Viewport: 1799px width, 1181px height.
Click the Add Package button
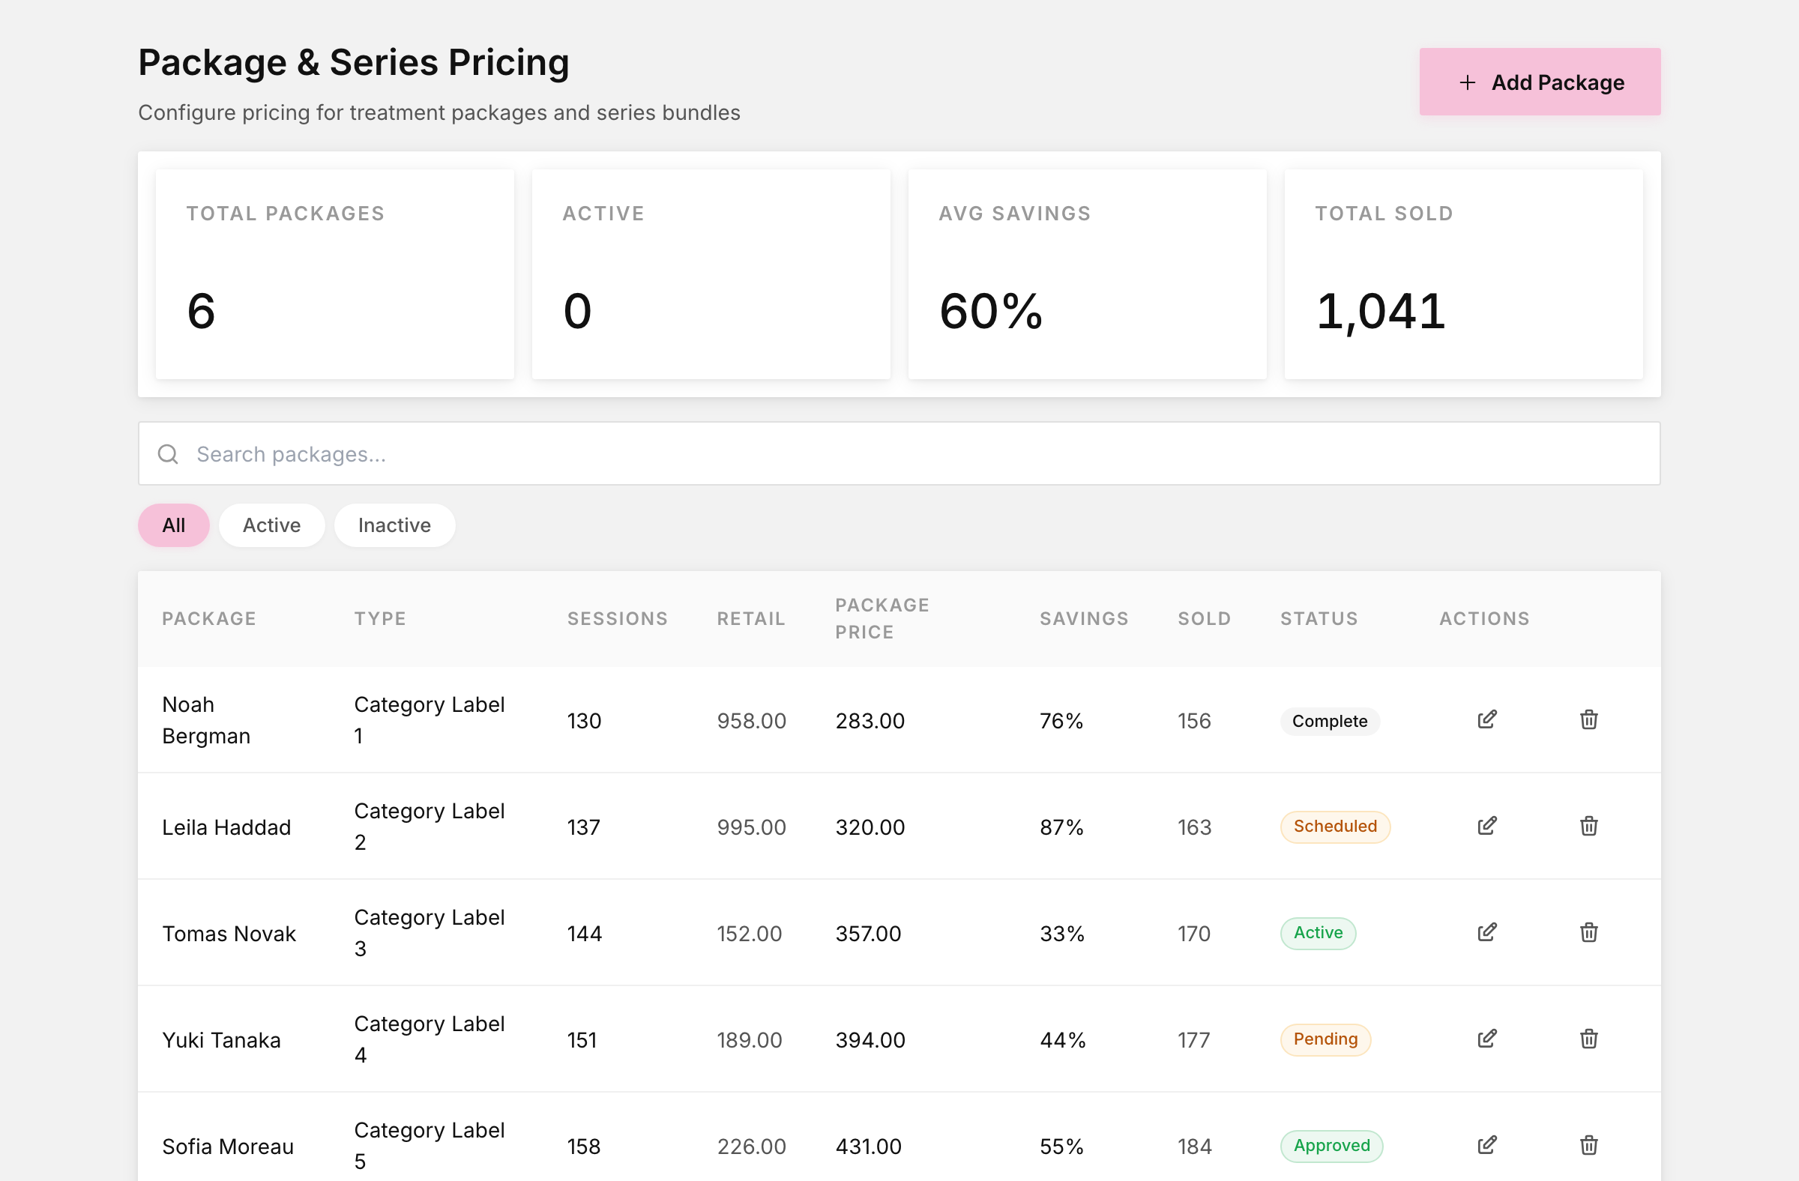[1539, 82]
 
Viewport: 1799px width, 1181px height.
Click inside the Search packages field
[899, 453]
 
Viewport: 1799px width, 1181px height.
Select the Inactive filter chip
[394, 525]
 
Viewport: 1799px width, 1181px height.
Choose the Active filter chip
[271, 525]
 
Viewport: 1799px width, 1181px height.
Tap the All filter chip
[173, 525]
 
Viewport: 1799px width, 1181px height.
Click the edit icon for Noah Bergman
[1487, 719]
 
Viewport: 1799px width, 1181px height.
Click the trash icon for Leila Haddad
[1589, 826]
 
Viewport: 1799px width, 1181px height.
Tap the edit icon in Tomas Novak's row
[1487, 932]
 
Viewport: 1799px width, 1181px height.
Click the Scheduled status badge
[1335, 827]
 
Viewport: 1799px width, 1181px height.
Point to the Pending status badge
[1325, 1039]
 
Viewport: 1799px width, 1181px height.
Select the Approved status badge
[1331, 1147]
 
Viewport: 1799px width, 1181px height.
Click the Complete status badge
[1330, 721]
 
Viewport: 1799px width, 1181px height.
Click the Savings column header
[1084, 619]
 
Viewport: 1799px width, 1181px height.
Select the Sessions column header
[618, 619]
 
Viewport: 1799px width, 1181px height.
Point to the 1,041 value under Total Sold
[1380, 311]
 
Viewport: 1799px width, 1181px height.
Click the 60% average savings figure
[991, 311]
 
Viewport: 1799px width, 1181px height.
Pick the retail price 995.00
[751, 827]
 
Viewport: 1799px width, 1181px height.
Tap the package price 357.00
[869, 934]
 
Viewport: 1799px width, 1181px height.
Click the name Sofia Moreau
[228, 1147]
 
